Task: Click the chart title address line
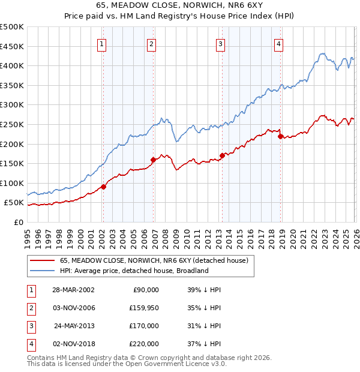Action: click(179, 5)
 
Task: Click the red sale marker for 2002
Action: click(103, 187)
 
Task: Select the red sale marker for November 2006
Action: click(153, 160)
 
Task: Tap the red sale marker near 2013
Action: click(222, 155)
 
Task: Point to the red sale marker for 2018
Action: click(280, 136)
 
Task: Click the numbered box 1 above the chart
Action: click(102, 44)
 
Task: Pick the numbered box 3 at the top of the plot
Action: click(221, 44)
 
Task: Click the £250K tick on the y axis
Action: click(12, 124)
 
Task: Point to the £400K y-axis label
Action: click(12, 65)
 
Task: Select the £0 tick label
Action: click(18, 222)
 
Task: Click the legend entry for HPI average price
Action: click(133, 271)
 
